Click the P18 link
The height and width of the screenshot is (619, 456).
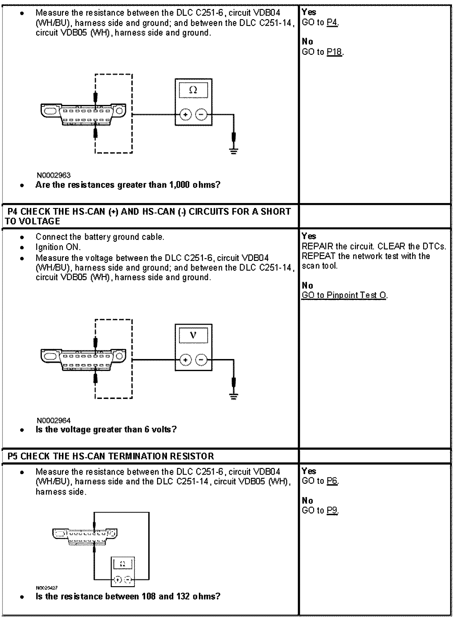click(x=334, y=52)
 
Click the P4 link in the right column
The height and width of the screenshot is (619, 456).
click(x=332, y=22)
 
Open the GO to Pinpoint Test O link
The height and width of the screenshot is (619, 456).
click(x=344, y=295)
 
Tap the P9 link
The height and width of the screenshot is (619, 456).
click(x=332, y=510)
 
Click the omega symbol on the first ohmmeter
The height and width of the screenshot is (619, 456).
click(x=193, y=90)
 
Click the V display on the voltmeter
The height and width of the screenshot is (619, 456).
click(x=193, y=335)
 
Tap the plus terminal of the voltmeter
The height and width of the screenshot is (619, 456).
click(x=185, y=360)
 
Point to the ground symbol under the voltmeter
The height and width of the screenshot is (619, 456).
click(x=234, y=396)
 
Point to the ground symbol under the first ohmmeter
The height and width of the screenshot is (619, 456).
click(x=234, y=151)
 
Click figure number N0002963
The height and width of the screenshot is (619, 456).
click(x=54, y=175)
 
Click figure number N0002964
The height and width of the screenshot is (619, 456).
click(x=54, y=420)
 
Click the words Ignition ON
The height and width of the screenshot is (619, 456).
click(x=58, y=247)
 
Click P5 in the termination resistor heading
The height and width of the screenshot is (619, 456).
click(x=13, y=456)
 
